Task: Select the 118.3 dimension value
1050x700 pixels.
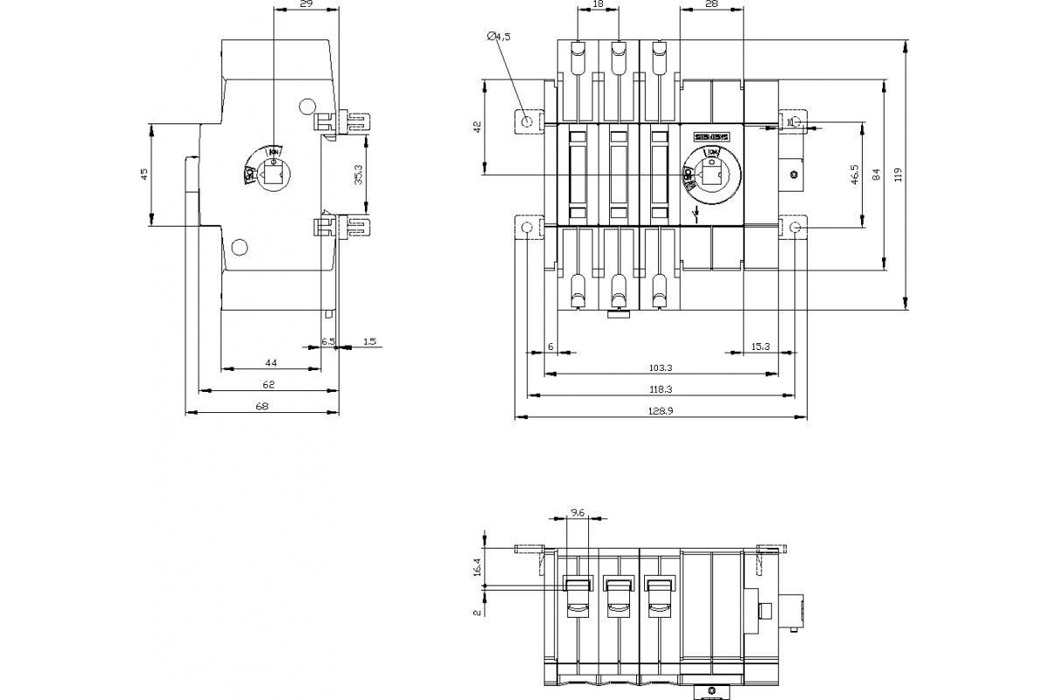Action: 661,389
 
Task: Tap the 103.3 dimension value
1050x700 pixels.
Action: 661,368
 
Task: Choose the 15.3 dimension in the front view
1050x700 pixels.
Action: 759,347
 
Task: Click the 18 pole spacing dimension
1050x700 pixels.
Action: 598,5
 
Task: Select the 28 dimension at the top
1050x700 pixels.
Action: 710,5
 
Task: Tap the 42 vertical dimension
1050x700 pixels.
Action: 478,127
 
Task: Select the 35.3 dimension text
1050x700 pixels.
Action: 359,175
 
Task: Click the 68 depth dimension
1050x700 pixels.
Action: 262,406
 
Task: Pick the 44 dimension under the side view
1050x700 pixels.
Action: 271,362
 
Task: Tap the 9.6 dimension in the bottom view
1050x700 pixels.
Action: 577,512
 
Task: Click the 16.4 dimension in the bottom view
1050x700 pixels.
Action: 478,567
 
